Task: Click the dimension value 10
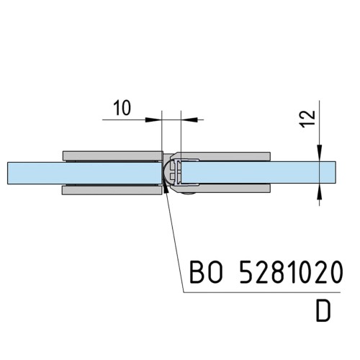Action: click(122, 108)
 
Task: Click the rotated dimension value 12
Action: click(308, 119)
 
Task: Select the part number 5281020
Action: click(291, 272)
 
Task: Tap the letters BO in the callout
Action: click(206, 272)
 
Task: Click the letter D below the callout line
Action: click(323, 311)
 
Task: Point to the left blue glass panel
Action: click(84, 173)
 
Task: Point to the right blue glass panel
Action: click(258, 173)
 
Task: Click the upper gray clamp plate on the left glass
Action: click(112, 156)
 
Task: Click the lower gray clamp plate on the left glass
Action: click(112, 190)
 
